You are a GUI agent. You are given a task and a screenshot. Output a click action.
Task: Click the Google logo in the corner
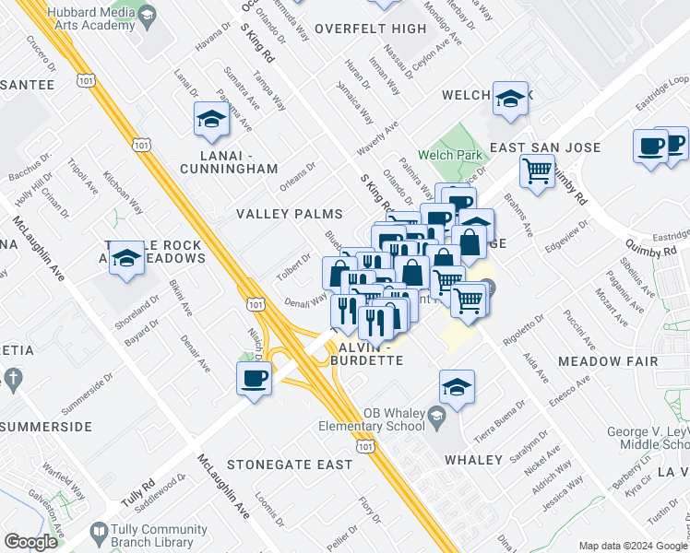tap(31, 542)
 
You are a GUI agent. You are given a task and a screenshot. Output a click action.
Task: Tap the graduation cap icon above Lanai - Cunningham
tap(210, 120)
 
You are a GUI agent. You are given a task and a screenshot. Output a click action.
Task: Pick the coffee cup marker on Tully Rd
tap(255, 378)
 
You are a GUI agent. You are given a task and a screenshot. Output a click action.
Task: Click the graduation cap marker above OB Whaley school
tap(457, 388)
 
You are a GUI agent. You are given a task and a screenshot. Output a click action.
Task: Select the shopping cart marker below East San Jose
tap(537, 171)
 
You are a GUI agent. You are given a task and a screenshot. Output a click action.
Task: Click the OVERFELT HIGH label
tap(370, 29)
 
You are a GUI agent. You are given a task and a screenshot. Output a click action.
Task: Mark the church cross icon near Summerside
tap(12, 378)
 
